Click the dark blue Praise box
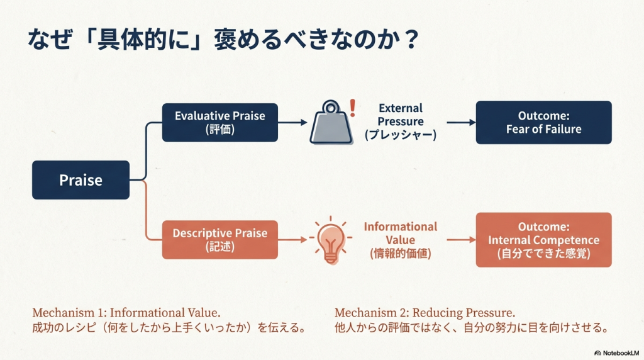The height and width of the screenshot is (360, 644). click(80, 180)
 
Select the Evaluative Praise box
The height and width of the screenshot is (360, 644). click(219, 122)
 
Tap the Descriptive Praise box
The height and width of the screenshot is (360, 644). click(219, 239)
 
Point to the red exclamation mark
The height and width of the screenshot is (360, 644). click(352, 107)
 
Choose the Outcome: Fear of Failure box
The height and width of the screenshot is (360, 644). click(543, 122)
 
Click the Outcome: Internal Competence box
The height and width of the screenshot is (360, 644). click(543, 240)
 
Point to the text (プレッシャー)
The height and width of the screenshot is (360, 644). click(401, 135)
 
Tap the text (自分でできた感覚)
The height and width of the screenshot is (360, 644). click(543, 255)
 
